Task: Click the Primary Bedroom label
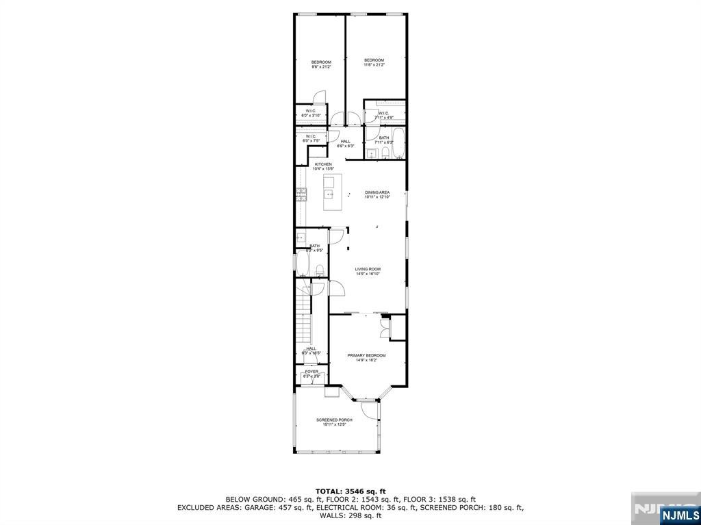pyautogui.click(x=366, y=355)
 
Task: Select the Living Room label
pyautogui.click(x=368, y=270)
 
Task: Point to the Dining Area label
pyautogui.click(x=377, y=193)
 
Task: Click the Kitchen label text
pyautogui.click(x=323, y=165)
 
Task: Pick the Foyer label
pyautogui.click(x=311, y=372)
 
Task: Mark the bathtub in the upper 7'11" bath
pyautogui.click(x=399, y=144)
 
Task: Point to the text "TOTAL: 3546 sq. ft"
pyautogui.click(x=350, y=491)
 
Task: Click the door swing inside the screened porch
pyautogui.click(x=370, y=410)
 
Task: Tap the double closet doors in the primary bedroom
pyautogui.click(x=385, y=328)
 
